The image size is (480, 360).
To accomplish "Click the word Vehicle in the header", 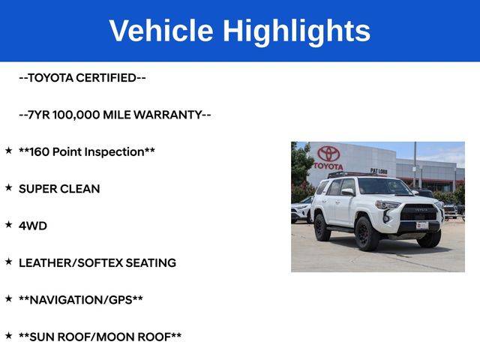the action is point(161,30).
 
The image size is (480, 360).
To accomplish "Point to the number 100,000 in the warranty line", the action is point(76,115).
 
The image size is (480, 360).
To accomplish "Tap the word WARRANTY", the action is point(168,115).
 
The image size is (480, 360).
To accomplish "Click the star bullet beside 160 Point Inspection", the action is point(8,150).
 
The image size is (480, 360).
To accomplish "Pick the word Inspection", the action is point(114,152).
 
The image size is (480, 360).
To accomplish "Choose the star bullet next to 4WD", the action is point(8,224).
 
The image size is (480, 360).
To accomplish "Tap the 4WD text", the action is point(33,226).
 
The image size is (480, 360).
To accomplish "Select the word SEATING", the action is point(151,263).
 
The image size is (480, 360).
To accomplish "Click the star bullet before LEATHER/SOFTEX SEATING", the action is point(8,262).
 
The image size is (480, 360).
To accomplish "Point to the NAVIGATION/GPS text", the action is point(81,300).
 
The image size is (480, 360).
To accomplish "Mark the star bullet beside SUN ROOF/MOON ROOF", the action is point(8,335).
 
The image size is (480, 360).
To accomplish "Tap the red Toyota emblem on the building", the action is point(328,154).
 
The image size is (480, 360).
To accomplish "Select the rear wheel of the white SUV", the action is point(322,227).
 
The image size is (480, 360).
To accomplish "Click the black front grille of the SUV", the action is point(418,212).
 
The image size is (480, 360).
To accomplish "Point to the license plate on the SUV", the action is point(421,226).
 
